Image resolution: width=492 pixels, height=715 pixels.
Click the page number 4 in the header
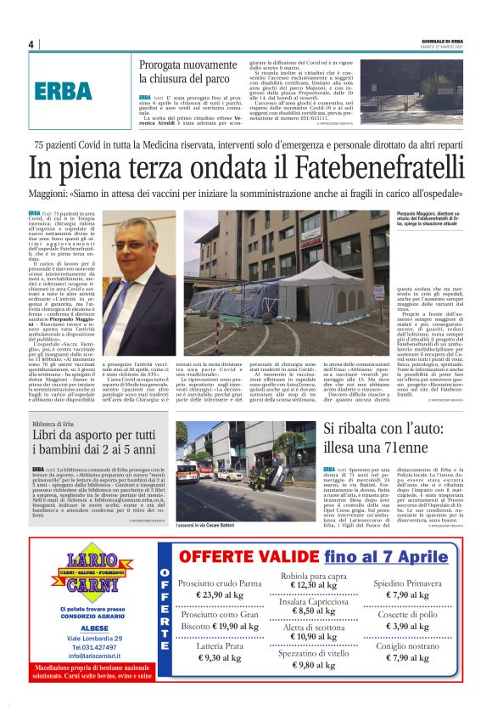tap(31, 44)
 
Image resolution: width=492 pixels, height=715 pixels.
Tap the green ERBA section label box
tap(64, 91)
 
